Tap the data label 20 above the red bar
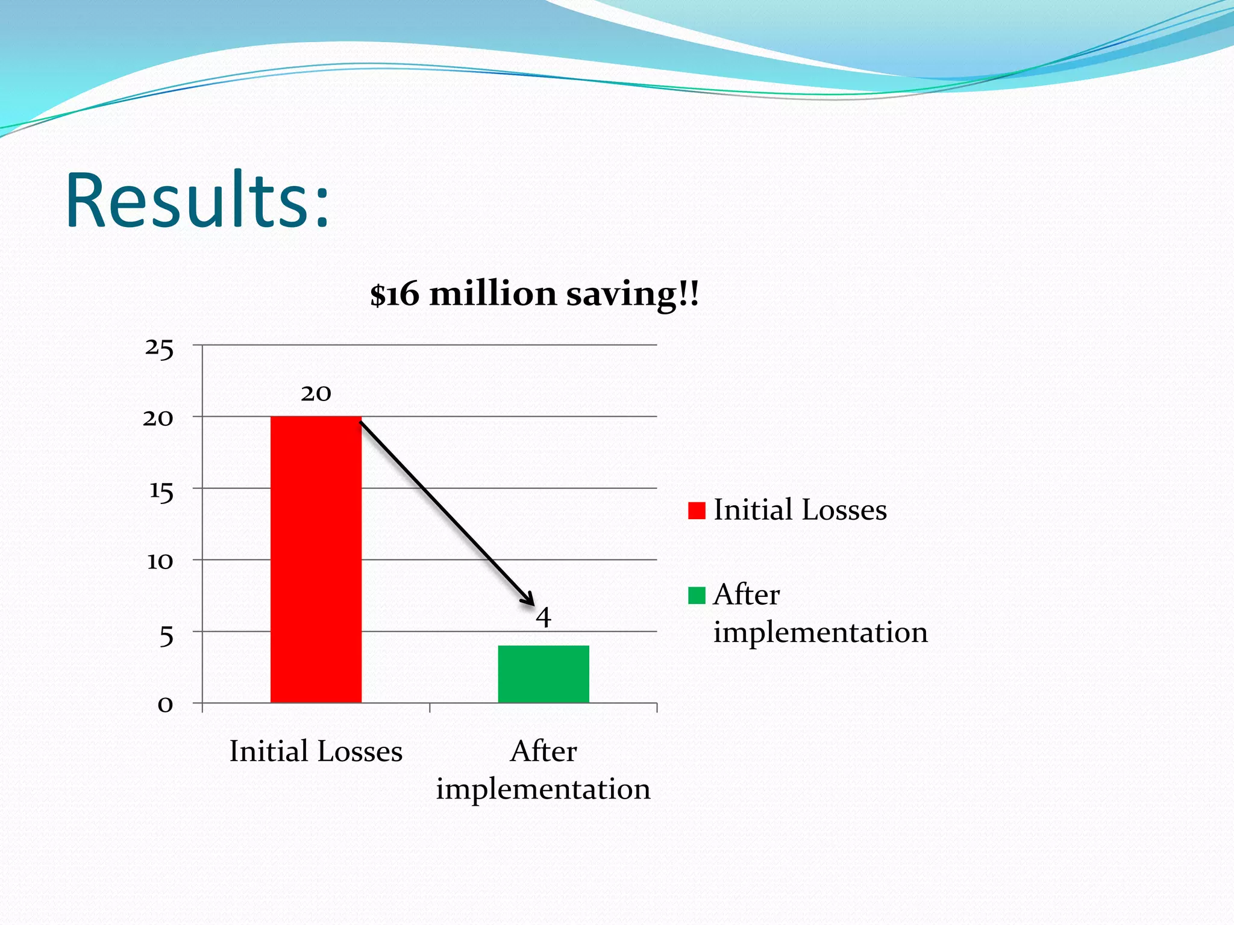pyautogui.click(x=316, y=394)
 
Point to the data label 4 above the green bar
pyautogui.click(x=543, y=617)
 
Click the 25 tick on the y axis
pyautogui.click(x=159, y=348)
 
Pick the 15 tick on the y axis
pyautogui.click(x=161, y=491)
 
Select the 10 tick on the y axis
pyautogui.click(x=160, y=562)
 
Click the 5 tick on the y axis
pyautogui.click(x=166, y=635)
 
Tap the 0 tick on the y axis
pyautogui.click(x=165, y=704)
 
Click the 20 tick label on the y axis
pyautogui.click(x=158, y=418)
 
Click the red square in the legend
pyautogui.click(x=697, y=511)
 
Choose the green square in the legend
pyautogui.click(x=697, y=596)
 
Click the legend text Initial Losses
pyautogui.click(x=800, y=510)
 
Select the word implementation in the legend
pyautogui.click(x=820, y=632)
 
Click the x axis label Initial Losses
pyautogui.click(x=316, y=751)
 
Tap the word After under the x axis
pyautogui.click(x=543, y=751)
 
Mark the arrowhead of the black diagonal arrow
pyautogui.click(x=529, y=599)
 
